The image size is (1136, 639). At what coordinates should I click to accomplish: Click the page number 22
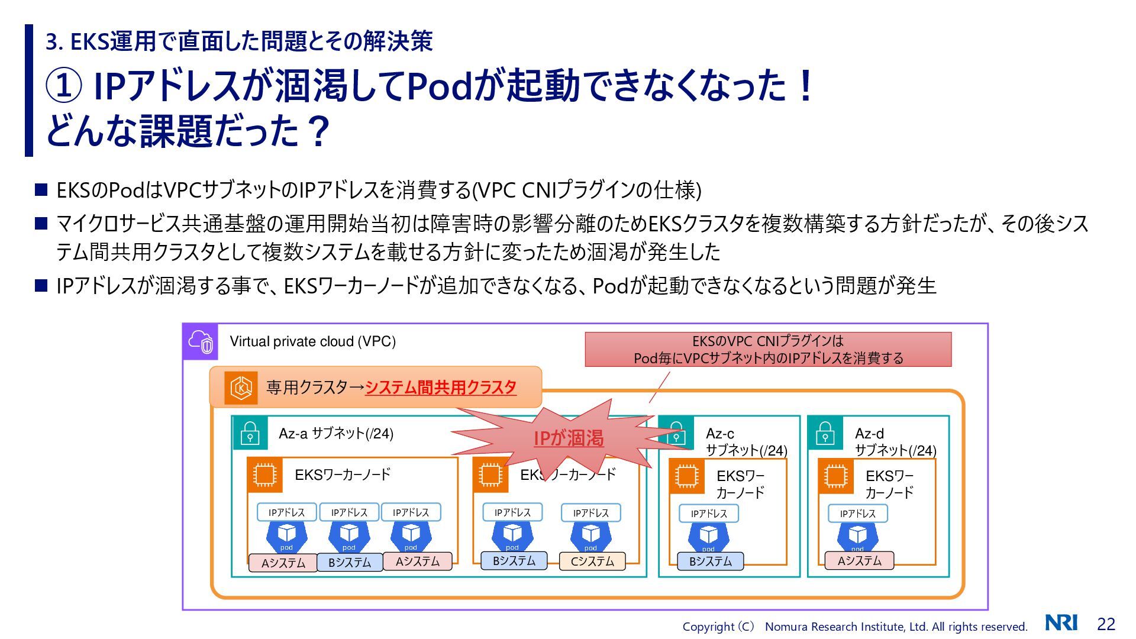click(1106, 624)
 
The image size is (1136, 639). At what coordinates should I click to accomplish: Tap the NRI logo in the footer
click(1061, 622)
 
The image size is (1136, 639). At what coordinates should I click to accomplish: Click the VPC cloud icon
click(201, 341)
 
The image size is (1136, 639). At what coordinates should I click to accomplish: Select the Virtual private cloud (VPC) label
click(312, 341)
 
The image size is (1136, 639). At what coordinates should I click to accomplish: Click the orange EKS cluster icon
click(241, 388)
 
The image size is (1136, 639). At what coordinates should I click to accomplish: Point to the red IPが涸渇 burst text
click(569, 438)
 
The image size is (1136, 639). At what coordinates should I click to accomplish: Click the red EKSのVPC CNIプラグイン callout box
click(768, 349)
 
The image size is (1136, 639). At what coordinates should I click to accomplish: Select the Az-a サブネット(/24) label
click(335, 434)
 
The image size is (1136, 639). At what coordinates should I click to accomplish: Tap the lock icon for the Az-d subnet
click(825, 434)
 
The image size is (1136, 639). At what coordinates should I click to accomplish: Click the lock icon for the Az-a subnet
click(250, 434)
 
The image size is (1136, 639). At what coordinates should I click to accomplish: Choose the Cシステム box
click(592, 561)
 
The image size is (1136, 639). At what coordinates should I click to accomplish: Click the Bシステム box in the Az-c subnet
click(710, 561)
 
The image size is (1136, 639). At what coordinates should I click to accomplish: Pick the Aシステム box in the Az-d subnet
click(859, 560)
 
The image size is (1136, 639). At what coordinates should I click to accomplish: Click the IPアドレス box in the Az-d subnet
click(857, 514)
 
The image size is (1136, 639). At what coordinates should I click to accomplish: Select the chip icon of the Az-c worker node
click(686, 476)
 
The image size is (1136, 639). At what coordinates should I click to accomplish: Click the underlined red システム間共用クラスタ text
click(441, 388)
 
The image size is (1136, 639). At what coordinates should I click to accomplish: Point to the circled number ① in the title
click(63, 86)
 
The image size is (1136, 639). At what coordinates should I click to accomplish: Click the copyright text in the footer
click(854, 627)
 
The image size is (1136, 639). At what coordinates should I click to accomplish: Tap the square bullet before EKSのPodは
click(41, 190)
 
